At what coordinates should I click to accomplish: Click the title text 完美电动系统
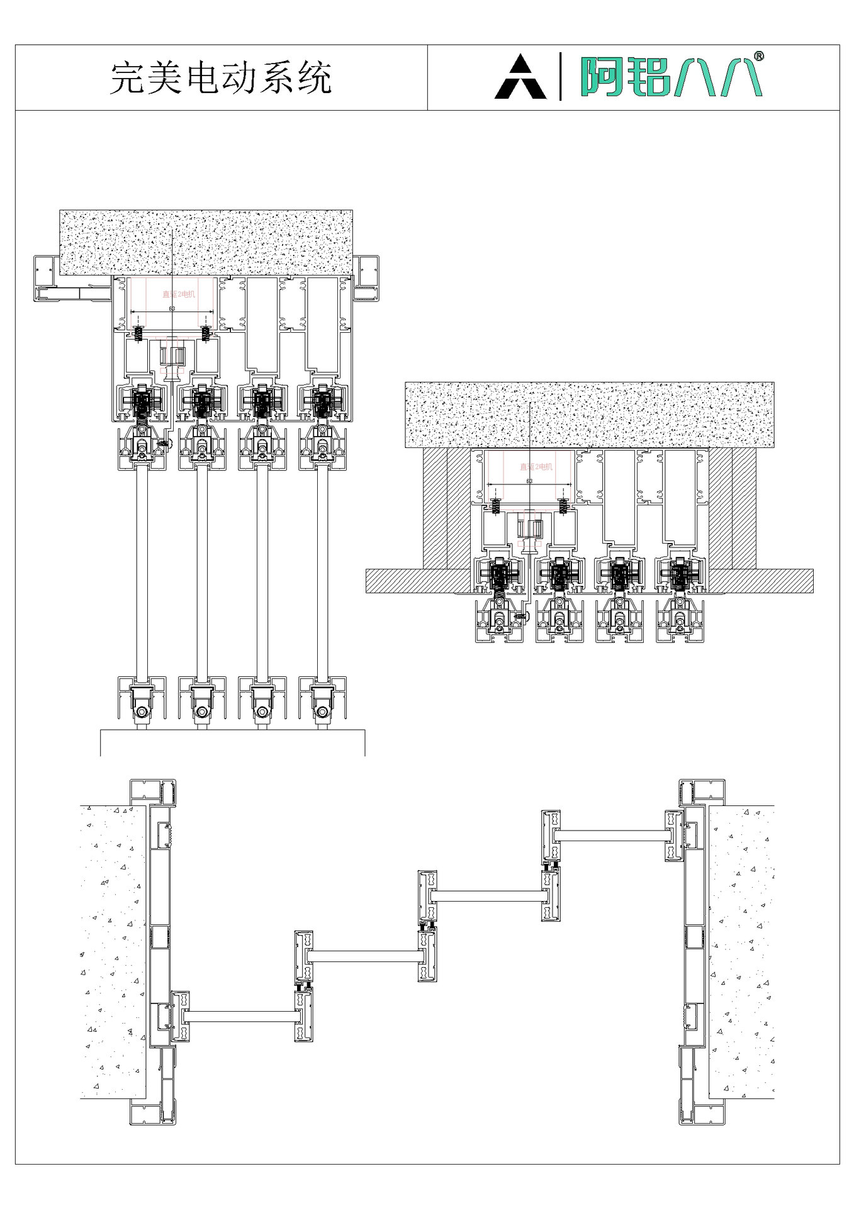(x=221, y=78)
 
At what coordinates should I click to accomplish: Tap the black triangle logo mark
(x=520, y=77)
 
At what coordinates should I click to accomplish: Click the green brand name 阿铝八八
(x=671, y=77)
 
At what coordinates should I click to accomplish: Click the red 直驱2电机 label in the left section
(x=179, y=294)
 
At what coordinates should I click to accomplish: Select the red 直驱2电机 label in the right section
(x=536, y=467)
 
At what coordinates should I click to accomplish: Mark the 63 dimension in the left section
(x=172, y=309)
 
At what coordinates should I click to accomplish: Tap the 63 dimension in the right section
(x=529, y=481)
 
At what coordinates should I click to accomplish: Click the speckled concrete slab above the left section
(x=206, y=242)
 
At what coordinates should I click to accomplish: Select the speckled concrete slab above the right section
(x=589, y=415)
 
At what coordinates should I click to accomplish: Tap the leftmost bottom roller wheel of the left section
(x=142, y=712)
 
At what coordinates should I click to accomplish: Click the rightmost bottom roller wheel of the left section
(x=322, y=712)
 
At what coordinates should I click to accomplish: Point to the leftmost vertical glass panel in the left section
(x=142, y=573)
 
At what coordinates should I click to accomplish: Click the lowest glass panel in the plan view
(x=241, y=1016)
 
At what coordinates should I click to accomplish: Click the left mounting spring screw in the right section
(x=495, y=505)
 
